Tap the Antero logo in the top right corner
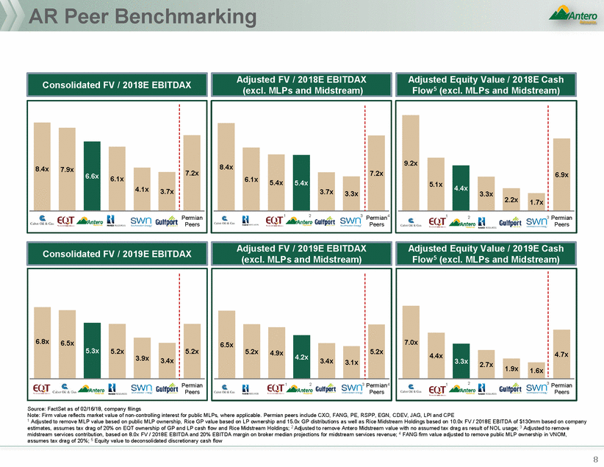pyautogui.click(x=572, y=15)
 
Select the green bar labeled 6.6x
pyautogui.click(x=91, y=176)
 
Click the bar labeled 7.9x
pyautogui.click(x=68, y=169)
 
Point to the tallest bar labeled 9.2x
pyautogui.click(x=410, y=163)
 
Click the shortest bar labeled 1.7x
pyautogui.click(x=536, y=202)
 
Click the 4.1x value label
pyautogui.click(x=142, y=189)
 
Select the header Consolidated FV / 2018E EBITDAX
pyautogui.click(x=117, y=85)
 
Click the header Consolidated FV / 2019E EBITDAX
pyautogui.click(x=117, y=254)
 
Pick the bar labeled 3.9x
pyautogui.click(x=142, y=359)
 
